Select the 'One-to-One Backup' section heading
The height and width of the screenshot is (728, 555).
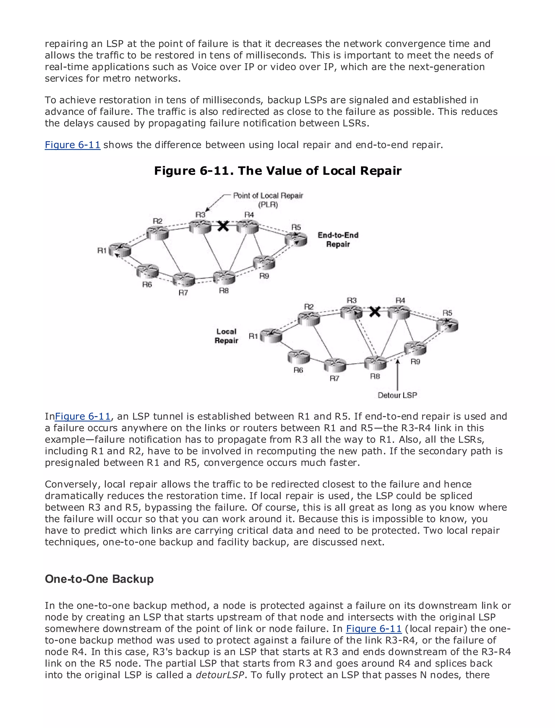point(99,579)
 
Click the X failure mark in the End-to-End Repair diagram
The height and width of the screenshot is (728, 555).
point(223,226)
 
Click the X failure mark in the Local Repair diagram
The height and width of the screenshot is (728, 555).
point(375,311)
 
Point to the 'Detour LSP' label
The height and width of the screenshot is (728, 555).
point(398,395)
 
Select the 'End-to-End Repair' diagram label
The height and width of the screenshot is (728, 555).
point(338,240)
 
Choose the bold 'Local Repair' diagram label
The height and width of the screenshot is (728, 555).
point(226,336)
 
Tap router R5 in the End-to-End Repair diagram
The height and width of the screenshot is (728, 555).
point(296,238)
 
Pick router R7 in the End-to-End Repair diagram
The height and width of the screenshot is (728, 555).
point(184,279)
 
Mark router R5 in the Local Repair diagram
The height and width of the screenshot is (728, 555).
point(447,325)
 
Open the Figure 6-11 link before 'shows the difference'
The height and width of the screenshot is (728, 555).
point(73,145)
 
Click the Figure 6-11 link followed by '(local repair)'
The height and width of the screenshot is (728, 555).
point(374,629)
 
